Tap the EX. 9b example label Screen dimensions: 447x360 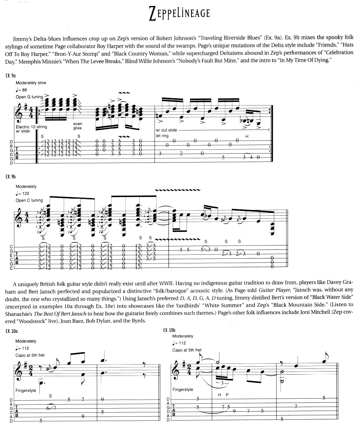pyautogui.click(x=11, y=176)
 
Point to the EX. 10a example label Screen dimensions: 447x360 pyautogui.click(x=12, y=331)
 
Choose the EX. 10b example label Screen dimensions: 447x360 pyautogui.click(x=169, y=330)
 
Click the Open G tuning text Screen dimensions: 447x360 pyautogui.click(x=29, y=97)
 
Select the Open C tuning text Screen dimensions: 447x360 pyautogui.click(x=29, y=200)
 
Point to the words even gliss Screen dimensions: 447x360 pyautogui.click(x=77, y=126)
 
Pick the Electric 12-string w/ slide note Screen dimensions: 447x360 pyautogui.click(x=31, y=129)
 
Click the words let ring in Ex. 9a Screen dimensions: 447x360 pyautogui.click(x=163, y=136)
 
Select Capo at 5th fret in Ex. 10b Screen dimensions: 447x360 pyautogui.click(x=187, y=350)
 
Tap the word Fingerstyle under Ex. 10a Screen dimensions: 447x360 pyautogui.click(x=26, y=390)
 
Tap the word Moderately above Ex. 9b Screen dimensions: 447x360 pyautogui.click(x=26, y=186)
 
